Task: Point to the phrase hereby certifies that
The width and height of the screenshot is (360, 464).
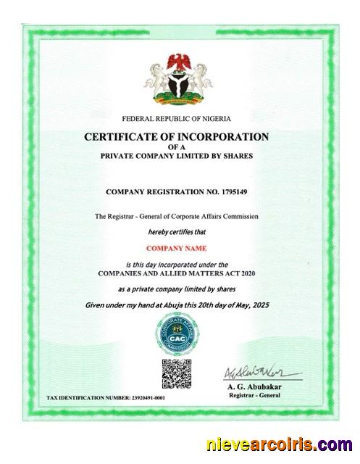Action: tap(177, 233)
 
